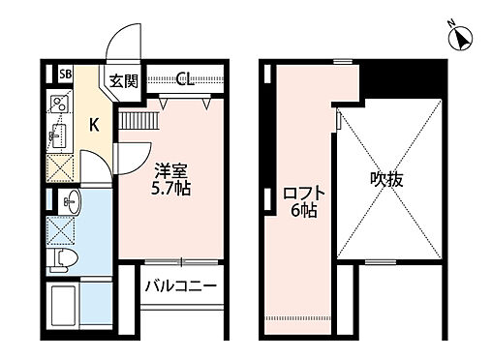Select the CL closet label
(x=185, y=78)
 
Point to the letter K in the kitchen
(x=95, y=123)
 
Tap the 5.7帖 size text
(x=170, y=188)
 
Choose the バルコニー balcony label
(x=181, y=286)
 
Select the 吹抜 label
(x=385, y=179)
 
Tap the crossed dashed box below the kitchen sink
(x=61, y=168)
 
